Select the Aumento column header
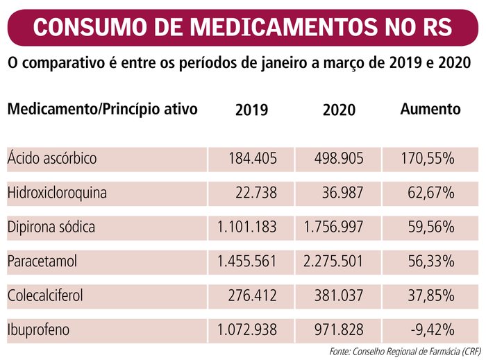click(430, 109)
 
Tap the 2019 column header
click(251, 110)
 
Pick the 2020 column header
click(339, 110)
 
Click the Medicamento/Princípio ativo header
click(103, 109)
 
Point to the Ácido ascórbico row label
click(52, 159)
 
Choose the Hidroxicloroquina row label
click(57, 193)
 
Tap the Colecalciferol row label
click(45, 295)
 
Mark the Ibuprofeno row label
click(39, 329)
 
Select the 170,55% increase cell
click(428, 159)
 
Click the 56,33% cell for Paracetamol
click(431, 261)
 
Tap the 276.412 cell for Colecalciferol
click(252, 295)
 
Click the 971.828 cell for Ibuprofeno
click(337, 329)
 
